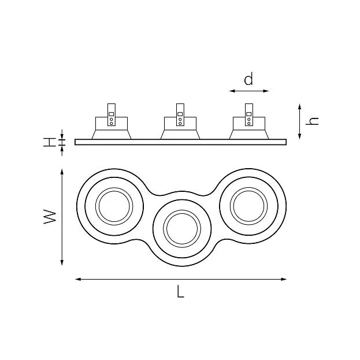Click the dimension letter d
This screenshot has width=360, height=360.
[x=248, y=79]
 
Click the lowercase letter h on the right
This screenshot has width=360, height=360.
[x=312, y=121]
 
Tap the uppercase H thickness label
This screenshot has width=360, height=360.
[x=50, y=142]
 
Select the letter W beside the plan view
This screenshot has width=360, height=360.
[x=50, y=216]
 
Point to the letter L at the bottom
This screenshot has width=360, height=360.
[x=180, y=291]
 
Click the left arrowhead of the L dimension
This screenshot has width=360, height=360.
[x=78, y=279]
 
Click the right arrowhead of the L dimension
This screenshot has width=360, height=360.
[x=284, y=279]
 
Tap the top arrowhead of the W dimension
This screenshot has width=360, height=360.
[x=62, y=172]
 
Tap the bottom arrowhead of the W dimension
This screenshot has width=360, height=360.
[x=62, y=262]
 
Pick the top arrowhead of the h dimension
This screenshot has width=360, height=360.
[x=299, y=107]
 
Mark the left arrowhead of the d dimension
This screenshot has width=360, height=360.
[x=232, y=91]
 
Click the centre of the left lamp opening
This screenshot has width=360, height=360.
[x=114, y=206]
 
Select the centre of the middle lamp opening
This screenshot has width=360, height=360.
[x=182, y=228]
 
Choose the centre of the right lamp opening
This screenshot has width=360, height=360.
[x=248, y=206]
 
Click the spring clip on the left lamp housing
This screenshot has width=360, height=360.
[x=112, y=114]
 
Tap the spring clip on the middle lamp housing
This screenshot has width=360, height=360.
[x=180, y=114]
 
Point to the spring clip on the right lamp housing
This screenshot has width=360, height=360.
[x=249, y=114]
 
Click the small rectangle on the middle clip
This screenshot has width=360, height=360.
[x=180, y=114]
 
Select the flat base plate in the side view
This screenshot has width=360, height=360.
[x=180, y=142]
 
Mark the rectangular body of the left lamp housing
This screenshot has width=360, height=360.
[x=112, y=124]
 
